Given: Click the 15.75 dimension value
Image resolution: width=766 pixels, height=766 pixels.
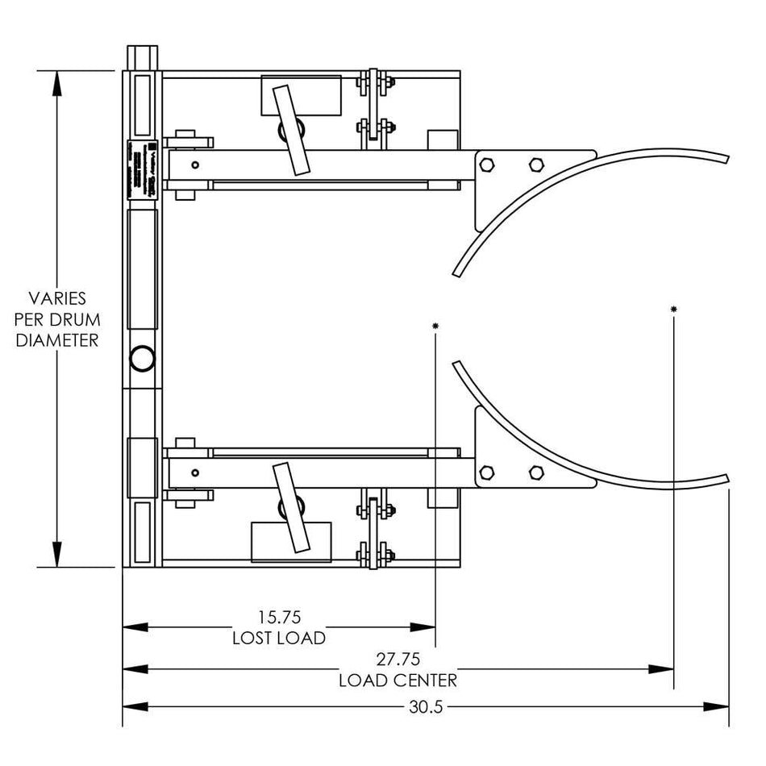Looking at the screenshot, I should coord(279,618).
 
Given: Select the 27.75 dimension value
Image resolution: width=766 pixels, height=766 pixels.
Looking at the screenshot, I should coord(398,659).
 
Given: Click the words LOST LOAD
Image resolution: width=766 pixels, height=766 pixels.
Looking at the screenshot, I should coord(279,639).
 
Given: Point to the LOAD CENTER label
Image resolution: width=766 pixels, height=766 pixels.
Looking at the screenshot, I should coord(398,681).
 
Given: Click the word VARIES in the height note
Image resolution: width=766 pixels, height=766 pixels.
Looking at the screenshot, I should coord(56,298).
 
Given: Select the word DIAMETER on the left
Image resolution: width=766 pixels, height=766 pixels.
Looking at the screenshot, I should coord(56,340).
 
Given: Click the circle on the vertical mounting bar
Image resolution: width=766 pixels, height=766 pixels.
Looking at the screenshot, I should coord(141,358).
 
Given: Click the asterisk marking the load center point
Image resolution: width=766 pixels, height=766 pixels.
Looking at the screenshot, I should coord(673,310).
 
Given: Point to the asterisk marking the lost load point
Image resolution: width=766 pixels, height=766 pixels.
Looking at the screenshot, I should coord(435,326).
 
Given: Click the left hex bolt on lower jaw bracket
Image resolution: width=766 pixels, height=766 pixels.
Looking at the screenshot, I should coord(486,472).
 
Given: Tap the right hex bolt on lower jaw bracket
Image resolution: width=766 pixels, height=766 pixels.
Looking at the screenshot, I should coord(535,472).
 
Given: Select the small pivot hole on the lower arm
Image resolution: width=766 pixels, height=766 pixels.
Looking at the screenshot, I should coord(195,473).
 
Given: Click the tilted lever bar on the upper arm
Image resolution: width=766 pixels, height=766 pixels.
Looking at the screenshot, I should coord(290,129).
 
